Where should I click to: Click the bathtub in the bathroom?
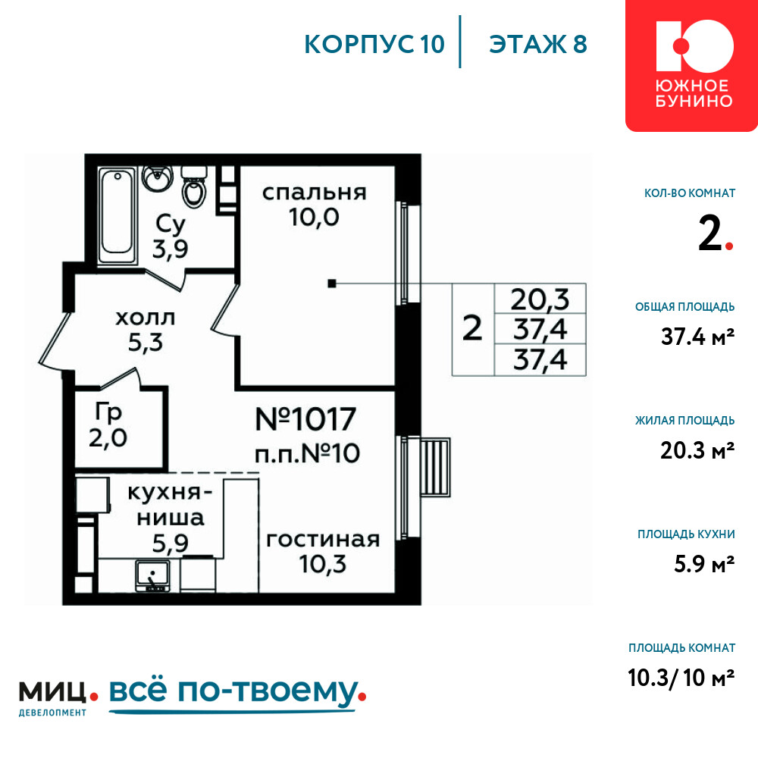coord(117,215)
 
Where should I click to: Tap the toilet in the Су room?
coord(194,187)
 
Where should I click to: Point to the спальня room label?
coord(315,193)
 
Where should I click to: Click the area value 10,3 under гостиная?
coord(322,564)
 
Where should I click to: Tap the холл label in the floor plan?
coord(145,318)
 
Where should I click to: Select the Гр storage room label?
coord(108,412)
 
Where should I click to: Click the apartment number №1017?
coord(305,419)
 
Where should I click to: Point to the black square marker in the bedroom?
coord(332,283)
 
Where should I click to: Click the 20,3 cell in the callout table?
coord(540,299)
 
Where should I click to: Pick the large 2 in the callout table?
coord(472,329)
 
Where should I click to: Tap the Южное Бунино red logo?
coord(691,65)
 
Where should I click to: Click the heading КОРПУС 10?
coord(374,45)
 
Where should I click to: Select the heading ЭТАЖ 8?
coord(538,45)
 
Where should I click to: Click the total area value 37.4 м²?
coord(697,337)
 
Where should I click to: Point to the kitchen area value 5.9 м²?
coord(704,564)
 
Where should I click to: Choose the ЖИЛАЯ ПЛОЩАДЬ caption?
coord(685,421)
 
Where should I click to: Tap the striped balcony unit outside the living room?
coord(435,468)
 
